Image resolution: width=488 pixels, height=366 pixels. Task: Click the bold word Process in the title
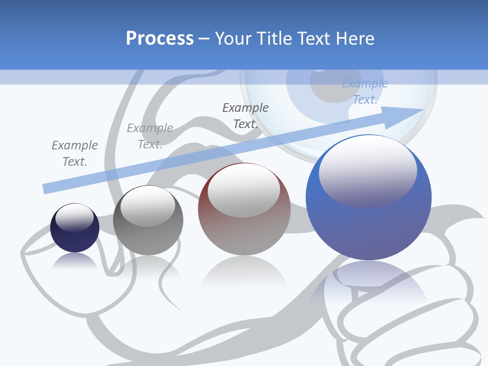160,39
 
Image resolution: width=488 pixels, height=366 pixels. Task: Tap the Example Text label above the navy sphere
75,154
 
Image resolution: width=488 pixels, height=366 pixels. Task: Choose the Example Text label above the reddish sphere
246,116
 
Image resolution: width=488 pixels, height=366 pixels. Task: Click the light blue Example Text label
365,91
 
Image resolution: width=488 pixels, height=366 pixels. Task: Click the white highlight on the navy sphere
74,217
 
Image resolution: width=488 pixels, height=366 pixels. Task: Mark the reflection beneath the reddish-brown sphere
244,272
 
